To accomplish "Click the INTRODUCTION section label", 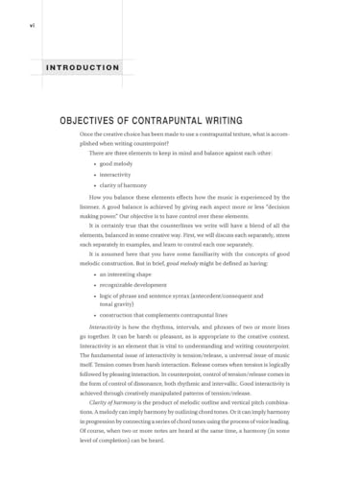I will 84,68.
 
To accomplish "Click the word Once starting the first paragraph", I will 87,134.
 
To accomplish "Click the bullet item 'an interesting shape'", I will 125,275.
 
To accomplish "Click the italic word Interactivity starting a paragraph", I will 104,327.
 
